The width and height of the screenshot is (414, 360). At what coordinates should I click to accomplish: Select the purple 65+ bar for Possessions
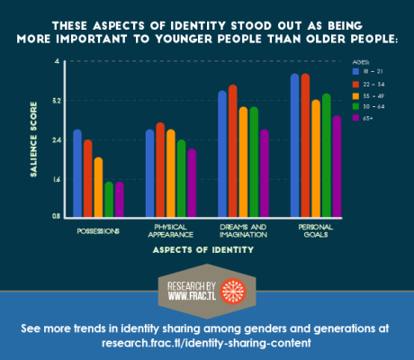tap(119, 199)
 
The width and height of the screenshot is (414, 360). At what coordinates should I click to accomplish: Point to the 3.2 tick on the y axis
tap(56, 100)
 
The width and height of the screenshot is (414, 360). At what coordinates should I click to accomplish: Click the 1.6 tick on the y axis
tap(56, 178)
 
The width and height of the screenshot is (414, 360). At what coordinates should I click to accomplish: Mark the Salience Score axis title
tap(33, 139)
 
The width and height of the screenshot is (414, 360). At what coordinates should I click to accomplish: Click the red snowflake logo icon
tap(231, 291)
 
